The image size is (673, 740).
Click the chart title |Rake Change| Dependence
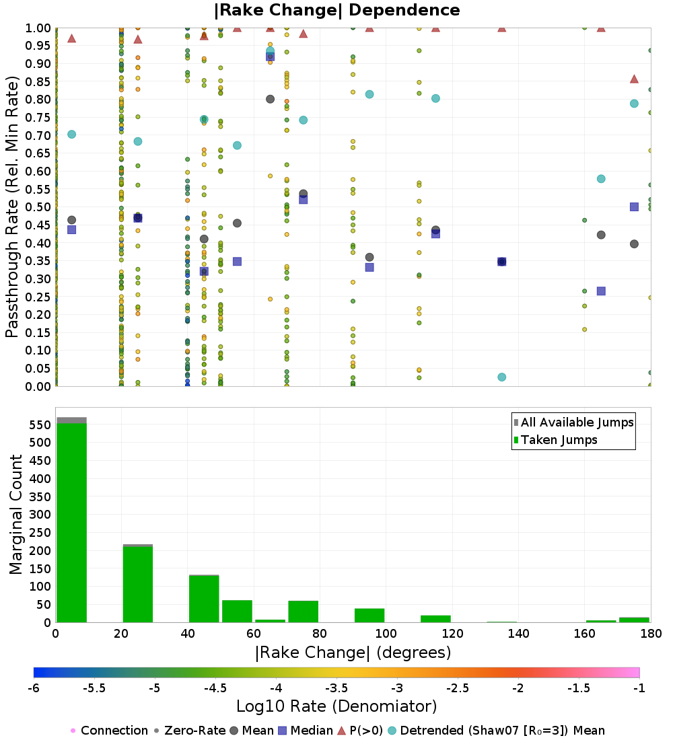point(336,10)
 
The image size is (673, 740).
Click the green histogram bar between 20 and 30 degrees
point(138,584)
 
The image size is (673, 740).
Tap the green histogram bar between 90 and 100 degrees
point(369,616)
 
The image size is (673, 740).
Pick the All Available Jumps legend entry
point(573,422)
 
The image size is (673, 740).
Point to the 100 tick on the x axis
point(386,633)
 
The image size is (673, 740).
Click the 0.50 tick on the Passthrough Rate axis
point(38,207)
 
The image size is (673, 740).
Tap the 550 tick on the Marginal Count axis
point(40,424)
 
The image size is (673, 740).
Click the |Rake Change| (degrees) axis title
point(353,653)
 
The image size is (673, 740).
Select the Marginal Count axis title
point(15,515)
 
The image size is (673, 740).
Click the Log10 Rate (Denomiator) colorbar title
point(336,706)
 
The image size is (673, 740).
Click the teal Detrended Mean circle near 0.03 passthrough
point(502,377)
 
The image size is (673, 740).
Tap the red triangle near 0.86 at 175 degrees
point(634,79)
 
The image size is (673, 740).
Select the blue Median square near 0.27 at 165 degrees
point(601,291)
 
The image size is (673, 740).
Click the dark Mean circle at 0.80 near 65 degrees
point(270,99)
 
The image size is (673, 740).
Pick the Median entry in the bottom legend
point(307,731)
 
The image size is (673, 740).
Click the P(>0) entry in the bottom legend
point(360,731)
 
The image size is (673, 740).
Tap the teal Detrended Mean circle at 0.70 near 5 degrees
point(72,135)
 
